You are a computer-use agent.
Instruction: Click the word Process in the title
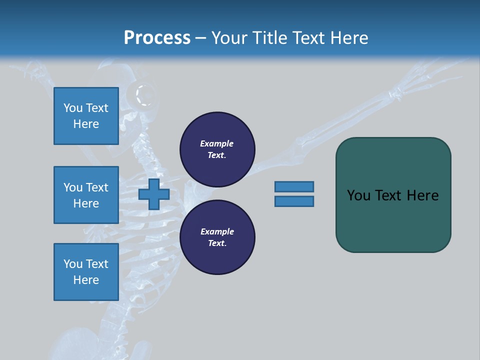[157, 38]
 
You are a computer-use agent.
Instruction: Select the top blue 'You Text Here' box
[86, 116]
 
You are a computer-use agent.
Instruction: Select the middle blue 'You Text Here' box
[86, 195]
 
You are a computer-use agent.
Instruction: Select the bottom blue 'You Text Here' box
[86, 272]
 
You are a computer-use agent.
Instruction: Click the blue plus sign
[154, 194]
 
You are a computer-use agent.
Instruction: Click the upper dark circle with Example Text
[217, 149]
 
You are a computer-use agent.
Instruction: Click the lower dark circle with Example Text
[217, 237]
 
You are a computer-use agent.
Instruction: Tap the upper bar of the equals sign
[294, 186]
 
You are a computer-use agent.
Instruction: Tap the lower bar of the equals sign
[294, 201]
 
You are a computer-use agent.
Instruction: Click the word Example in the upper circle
[216, 143]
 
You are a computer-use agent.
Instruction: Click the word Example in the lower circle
[216, 231]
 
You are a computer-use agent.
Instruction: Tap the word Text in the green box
[389, 195]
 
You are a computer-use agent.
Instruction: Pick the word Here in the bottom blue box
[86, 280]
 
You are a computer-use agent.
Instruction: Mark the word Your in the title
[229, 38]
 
